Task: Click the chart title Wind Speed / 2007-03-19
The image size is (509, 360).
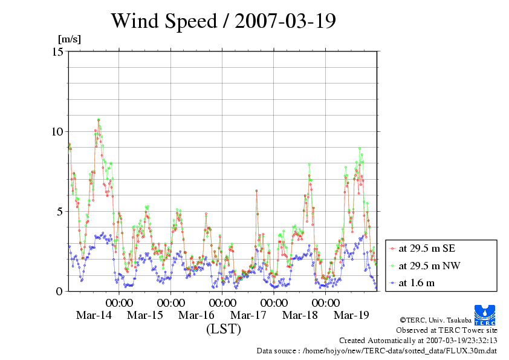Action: pos(223,21)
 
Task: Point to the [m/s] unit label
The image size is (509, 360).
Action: pos(69,39)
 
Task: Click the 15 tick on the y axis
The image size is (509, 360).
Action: pos(57,51)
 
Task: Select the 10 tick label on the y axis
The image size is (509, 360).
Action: pos(57,131)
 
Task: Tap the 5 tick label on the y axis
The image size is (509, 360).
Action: pos(60,211)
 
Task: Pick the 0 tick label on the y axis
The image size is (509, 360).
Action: pos(60,291)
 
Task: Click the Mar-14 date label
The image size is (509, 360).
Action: pos(93,315)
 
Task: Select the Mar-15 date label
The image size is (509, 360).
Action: pos(145,315)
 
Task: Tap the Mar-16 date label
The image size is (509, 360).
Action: pos(197,315)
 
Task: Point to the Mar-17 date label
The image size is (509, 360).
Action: pos(248,315)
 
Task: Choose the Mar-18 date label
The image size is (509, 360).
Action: pos(300,315)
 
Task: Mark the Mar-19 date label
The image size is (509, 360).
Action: pos(352,315)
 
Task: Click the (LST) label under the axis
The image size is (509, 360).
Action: pos(223,330)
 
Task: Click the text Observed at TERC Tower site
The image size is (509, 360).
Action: pos(446,330)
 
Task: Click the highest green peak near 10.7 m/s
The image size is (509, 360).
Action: pos(99,120)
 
